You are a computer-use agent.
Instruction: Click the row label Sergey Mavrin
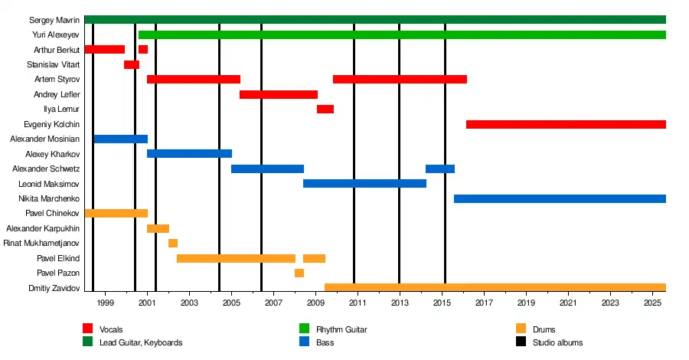(x=54, y=20)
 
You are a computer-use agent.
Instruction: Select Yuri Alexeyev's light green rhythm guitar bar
(x=402, y=34)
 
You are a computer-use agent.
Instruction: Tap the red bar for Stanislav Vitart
(x=131, y=64)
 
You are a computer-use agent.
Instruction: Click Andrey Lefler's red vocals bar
(x=278, y=94)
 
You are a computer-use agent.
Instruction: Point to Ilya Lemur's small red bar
(x=325, y=110)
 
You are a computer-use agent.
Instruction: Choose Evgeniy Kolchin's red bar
(x=566, y=124)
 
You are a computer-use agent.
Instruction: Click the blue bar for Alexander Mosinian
(x=120, y=139)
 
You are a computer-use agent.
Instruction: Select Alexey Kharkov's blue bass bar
(x=189, y=154)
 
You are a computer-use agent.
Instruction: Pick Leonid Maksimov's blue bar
(x=364, y=184)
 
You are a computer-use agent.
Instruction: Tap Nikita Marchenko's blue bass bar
(x=560, y=199)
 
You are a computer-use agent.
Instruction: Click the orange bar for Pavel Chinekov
(x=116, y=214)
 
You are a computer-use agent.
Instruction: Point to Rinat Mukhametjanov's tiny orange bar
(x=173, y=244)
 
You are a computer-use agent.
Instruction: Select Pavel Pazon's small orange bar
(x=299, y=273)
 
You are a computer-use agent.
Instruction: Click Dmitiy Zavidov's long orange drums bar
(x=495, y=288)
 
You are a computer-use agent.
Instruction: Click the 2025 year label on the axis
(x=652, y=303)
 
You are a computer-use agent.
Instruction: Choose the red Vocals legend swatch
(x=88, y=329)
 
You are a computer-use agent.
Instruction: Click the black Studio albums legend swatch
(x=521, y=342)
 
